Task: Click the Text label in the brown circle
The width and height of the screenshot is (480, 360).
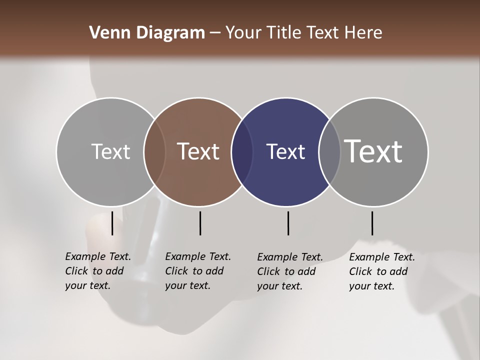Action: [x=198, y=151]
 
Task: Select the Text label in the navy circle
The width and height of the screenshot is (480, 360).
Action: [x=285, y=151]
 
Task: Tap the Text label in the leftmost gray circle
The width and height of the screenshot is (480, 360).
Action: [x=110, y=151]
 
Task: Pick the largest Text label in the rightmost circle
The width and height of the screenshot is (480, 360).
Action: [x=373, y=151]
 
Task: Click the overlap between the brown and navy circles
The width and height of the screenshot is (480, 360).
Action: [x=241, y=151]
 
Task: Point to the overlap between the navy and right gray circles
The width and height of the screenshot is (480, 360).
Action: [x=329, y=151]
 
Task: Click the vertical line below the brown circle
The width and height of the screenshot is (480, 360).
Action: [x=200, y=223]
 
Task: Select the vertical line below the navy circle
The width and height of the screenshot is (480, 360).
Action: [x=288, y=223]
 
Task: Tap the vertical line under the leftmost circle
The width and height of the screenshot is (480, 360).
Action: [x=112, y=223]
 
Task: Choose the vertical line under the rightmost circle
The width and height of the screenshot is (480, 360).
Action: [x=372, y=223]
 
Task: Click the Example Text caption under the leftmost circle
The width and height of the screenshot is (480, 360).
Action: [x=97, y=271]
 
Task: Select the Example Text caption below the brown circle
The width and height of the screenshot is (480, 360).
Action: [x=197, y=271]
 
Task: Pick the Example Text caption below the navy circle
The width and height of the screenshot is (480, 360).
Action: [x=289, y=271]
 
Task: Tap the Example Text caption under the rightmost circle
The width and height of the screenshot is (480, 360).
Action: [x=381, y=271]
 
